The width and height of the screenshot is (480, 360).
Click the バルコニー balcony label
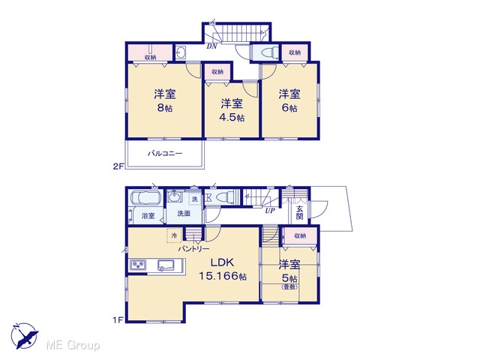pos(165,153)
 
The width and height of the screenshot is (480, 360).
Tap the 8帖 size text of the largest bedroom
pos(165,108)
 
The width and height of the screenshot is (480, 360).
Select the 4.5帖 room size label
pos(232,118)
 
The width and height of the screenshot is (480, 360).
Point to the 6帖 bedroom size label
pos(289,108)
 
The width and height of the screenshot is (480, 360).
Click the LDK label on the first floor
pos(222,262)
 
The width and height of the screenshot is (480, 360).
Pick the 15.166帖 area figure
pos(223,276)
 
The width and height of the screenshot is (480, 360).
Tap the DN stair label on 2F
pos(211,46)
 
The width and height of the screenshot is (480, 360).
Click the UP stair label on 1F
pos(270,211)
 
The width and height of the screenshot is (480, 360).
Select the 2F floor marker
pos(118,166)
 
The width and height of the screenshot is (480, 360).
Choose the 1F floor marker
pos(118,320)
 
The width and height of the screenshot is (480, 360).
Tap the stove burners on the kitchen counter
pos(138,265)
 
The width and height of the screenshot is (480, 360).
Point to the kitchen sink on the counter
pos(166,265)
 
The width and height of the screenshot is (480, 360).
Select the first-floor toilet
pos(222,197)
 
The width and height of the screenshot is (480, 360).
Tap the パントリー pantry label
pos(193,249)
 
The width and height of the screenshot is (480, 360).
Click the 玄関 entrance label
pos(300,213)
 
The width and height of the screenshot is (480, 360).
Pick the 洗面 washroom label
pos(184,214)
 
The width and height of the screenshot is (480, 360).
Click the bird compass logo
pos(25,336)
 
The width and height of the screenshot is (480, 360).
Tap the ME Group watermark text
pos(73,345)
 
